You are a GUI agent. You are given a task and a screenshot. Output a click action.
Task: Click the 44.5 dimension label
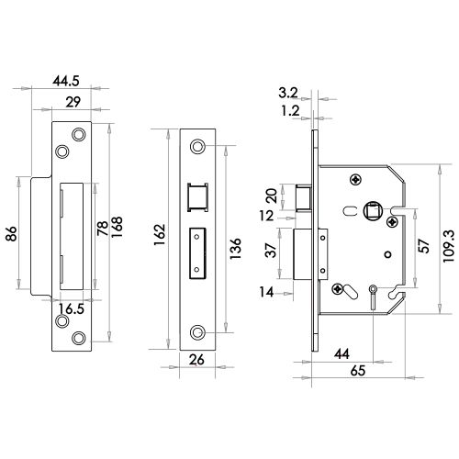tap(70, 82)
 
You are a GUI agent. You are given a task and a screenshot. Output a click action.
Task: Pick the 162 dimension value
tap(162, 241)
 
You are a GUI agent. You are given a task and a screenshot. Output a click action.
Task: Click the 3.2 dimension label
tap(288, 92)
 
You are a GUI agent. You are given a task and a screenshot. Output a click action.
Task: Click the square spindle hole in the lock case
tap(375, 209)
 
